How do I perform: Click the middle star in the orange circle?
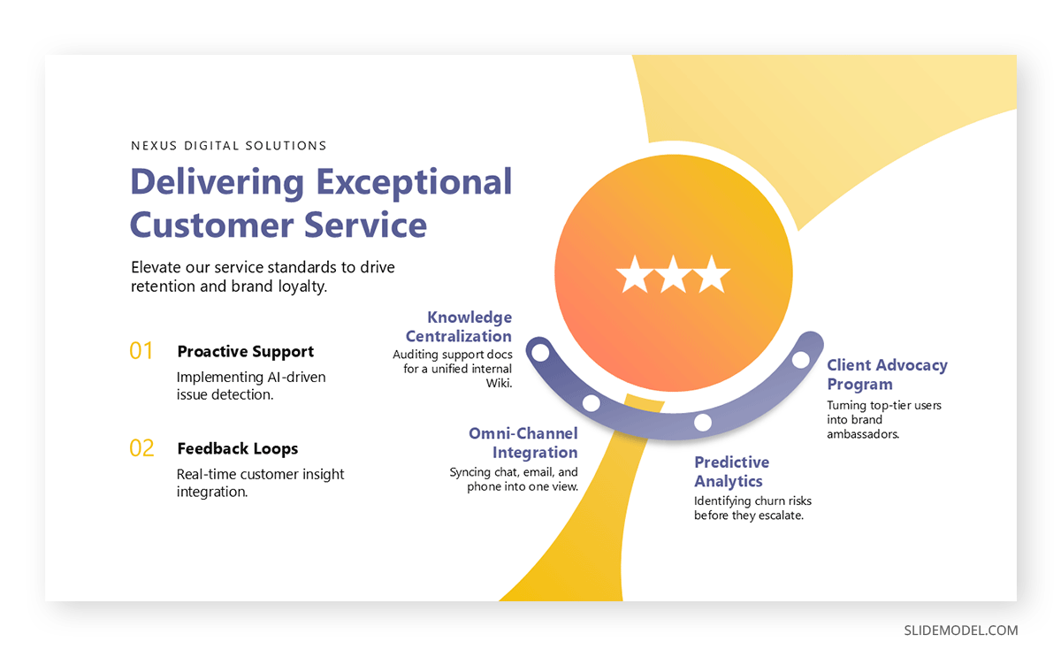point(673,275)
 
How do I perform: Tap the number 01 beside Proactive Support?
point(141,351)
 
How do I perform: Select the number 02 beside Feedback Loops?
point(141,448)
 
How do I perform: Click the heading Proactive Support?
point(246,351)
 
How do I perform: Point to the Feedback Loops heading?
point(237,448)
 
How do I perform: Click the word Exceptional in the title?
point(414,183)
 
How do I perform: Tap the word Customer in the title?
point(211,225)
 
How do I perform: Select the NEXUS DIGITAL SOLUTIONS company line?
point(229,145)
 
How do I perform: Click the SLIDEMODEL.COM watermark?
point(960,630)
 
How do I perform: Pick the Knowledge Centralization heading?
point(459,326)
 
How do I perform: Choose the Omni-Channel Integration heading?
point(523,442)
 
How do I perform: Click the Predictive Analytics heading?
point(732,471)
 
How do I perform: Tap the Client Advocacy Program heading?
point(887,374)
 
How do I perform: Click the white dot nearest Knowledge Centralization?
point(540,353)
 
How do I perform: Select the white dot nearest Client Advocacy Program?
point(800,360)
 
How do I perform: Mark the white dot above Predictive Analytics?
point(702,422)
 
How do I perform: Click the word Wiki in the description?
point(499,383)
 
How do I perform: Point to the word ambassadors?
point(863,434)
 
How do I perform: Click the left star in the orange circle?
point(635,275)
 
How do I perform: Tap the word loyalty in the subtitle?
point(302,286)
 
